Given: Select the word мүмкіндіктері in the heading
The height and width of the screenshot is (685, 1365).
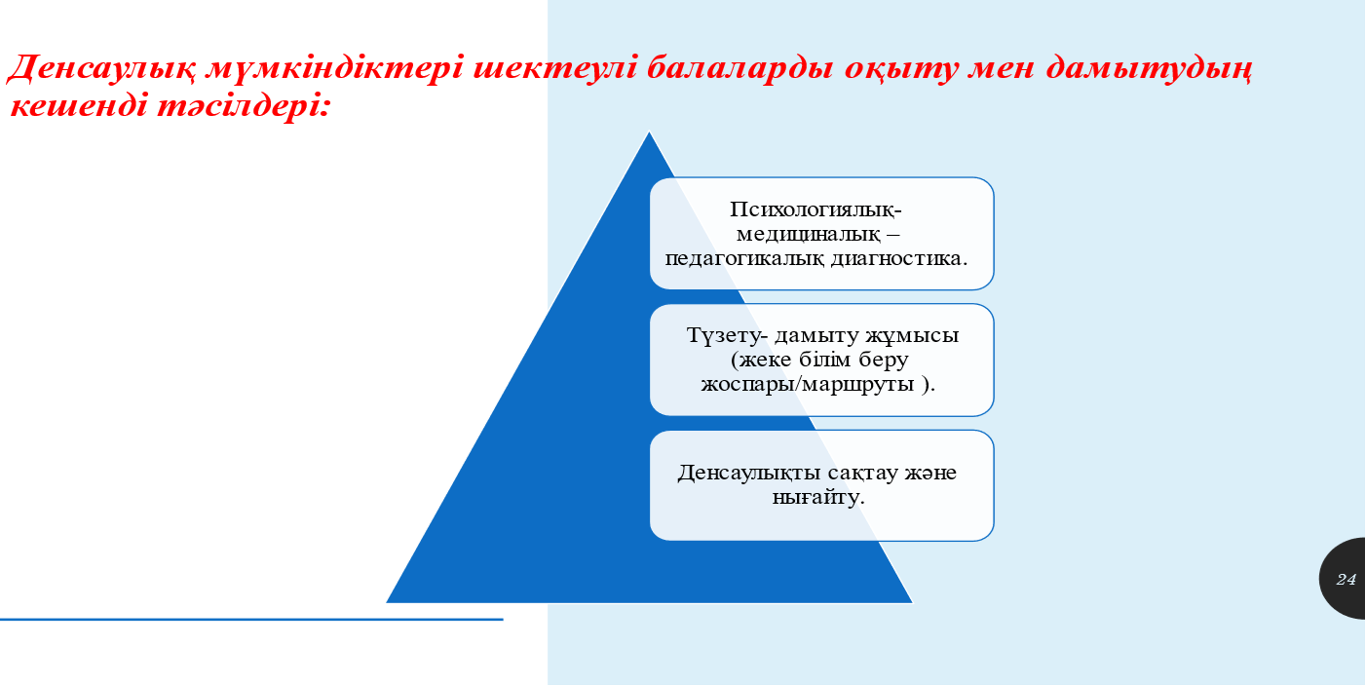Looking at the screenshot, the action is (x=335, y=68).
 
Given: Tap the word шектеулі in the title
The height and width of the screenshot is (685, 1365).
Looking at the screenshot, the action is (x=555, y=67).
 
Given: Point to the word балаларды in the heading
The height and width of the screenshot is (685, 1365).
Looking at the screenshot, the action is (x=739, y=68).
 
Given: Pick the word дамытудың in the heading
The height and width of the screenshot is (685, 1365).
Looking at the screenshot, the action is (x=1150, y=69).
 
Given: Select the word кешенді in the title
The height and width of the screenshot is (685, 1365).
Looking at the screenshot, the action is (x=79, y=105).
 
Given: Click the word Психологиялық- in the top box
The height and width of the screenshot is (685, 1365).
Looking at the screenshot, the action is (x=815, y=209).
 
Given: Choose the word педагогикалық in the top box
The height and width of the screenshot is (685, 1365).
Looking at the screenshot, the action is (x=744, y=259).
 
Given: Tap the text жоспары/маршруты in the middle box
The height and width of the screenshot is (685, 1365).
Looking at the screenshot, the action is (x=808, y=385).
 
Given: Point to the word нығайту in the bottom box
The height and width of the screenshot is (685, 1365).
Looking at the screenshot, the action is (x=815, y=497).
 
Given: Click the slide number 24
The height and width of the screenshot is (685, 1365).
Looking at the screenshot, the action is (x=1346, y=579).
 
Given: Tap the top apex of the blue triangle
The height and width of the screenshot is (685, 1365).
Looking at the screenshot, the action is (x=649, y=132).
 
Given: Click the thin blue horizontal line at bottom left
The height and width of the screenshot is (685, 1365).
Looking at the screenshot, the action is (x=251, y=619).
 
